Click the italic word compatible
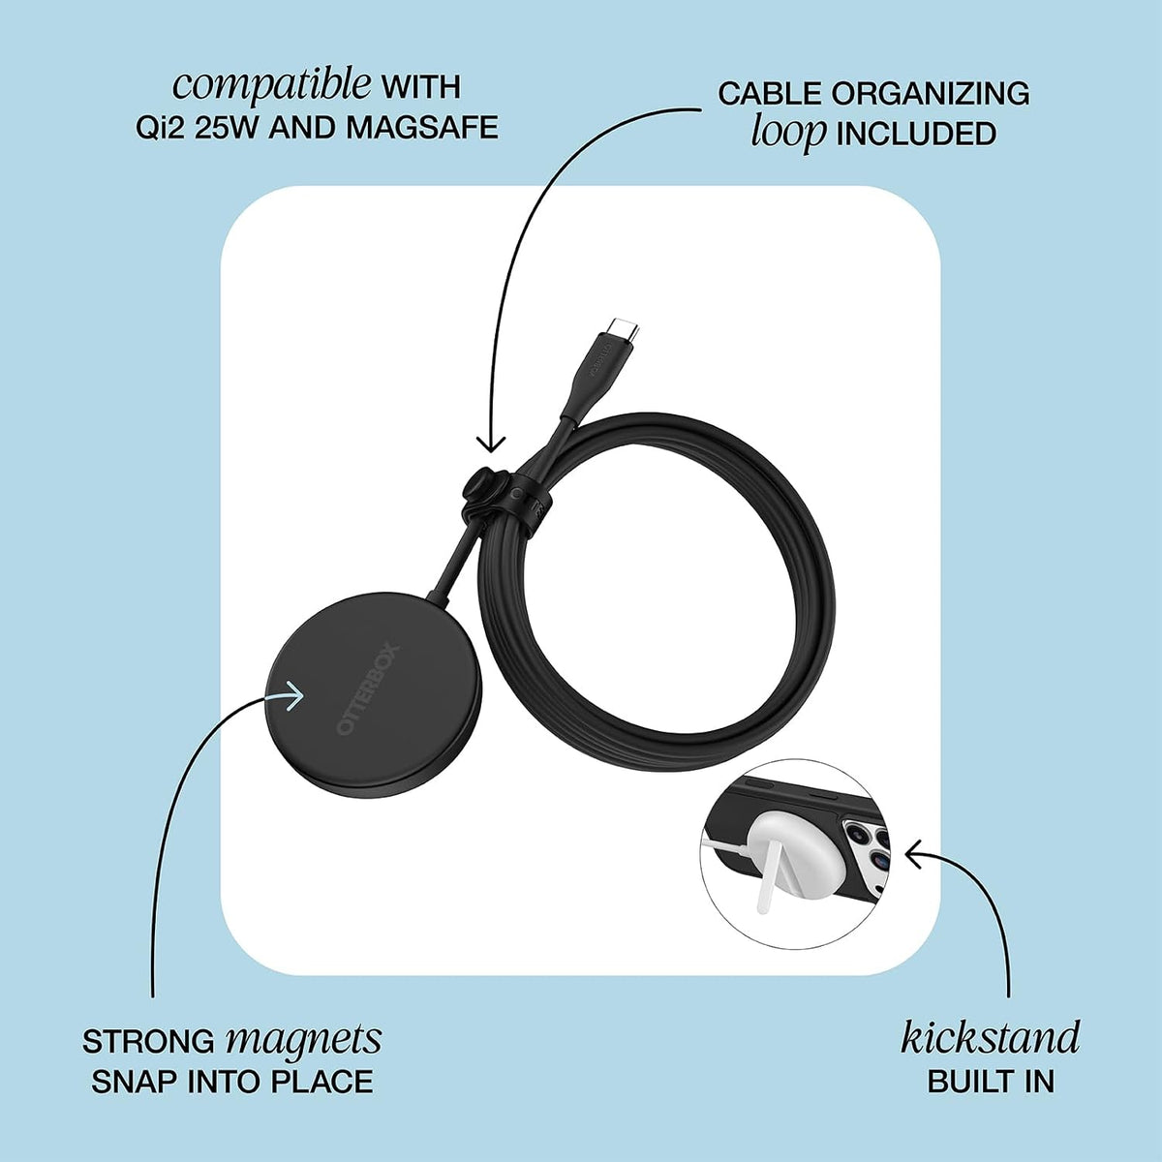pos(272,87)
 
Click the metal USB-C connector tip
pos(622,327)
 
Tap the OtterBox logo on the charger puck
pos(368,690)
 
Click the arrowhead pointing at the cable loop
pos(492,443)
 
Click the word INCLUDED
pos(916,134)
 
